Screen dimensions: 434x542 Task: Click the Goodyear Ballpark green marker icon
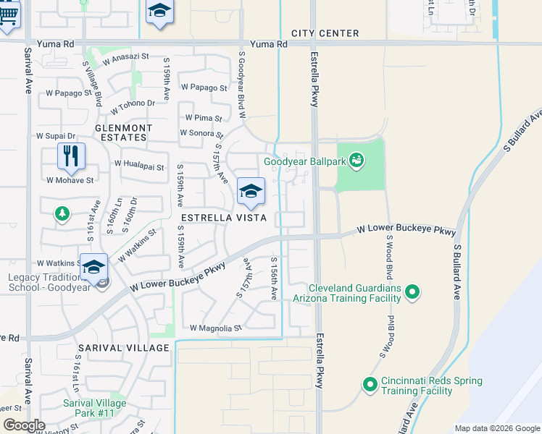356,159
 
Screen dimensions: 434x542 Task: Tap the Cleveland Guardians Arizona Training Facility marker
412,292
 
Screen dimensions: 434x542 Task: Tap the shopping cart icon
8,15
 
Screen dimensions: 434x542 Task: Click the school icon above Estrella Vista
251,192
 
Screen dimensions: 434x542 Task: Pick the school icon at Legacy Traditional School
93,267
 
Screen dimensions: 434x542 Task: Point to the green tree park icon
62,213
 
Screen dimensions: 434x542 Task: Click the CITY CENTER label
325,33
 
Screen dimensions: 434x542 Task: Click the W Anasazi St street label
125,58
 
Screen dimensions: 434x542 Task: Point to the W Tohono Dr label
133,106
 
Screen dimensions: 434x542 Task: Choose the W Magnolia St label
215,328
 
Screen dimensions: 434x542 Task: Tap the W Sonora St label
201,133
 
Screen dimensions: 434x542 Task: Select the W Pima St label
203,117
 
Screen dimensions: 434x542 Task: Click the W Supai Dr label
56,136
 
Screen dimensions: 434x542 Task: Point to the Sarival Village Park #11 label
94,408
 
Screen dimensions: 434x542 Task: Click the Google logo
24,425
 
